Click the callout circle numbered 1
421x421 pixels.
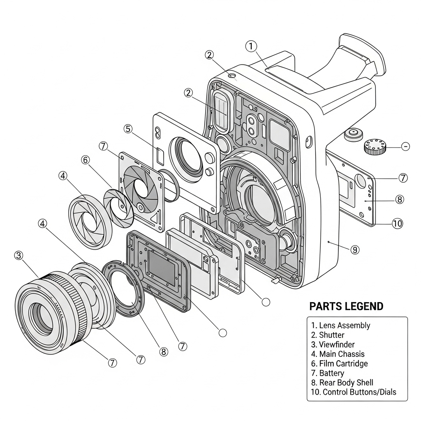tap(251, 46)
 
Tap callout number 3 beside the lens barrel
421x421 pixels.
tap(18, 255)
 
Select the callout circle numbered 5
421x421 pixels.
tap(128, 129)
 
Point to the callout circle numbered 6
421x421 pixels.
tap(86, 160)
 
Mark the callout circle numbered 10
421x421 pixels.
tap(397, 223)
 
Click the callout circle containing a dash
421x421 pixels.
tap(405, 146)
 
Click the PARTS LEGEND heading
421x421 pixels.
tap(346, 306)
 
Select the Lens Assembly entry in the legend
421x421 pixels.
tap(341, 326)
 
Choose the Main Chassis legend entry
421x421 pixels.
tap(338, 354)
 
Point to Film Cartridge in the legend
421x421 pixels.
tap(339, 363)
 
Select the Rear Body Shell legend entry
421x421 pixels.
tap(342, 382)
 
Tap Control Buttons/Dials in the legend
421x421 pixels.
tap(354, 392)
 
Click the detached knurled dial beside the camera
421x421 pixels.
tap(375, 147)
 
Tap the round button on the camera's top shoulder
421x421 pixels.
tap(354, 134)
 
